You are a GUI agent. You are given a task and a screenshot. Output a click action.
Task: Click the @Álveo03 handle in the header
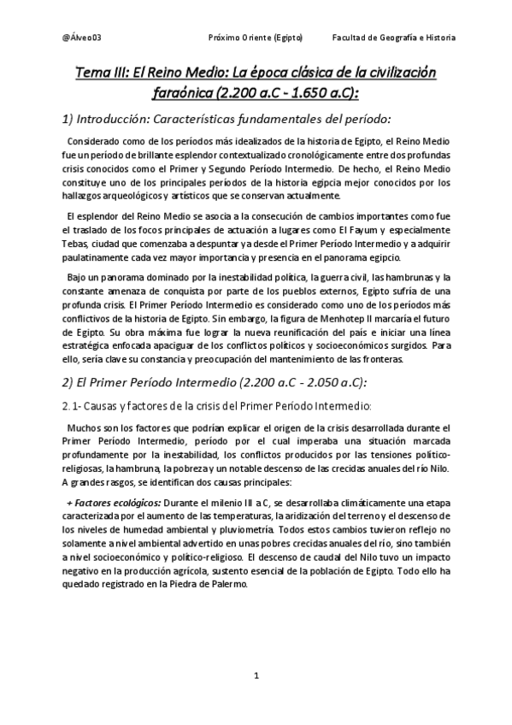click(x=82, y=38)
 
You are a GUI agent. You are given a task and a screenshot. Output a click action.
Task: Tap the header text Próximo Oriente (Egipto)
click(x=261, y=38)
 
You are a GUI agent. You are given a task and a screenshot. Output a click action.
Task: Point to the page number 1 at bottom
click(x=256, y=676)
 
